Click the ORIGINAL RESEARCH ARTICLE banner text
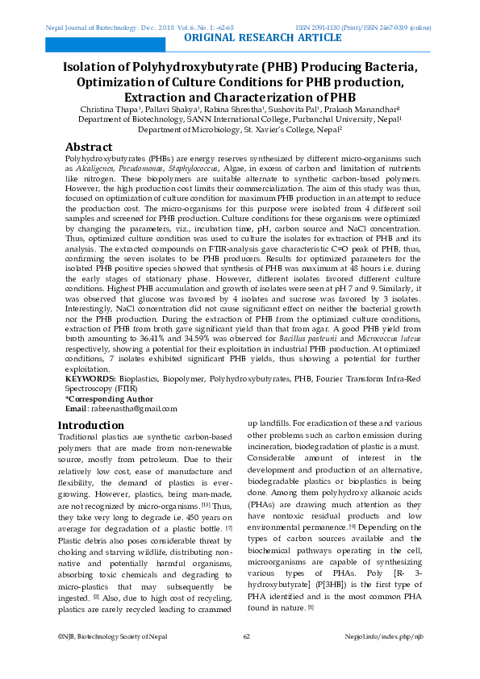[263, 38]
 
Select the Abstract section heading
[88, 147]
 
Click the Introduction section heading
[91, 425]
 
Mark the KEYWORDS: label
[90, 378]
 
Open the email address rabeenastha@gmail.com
[133, 409]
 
